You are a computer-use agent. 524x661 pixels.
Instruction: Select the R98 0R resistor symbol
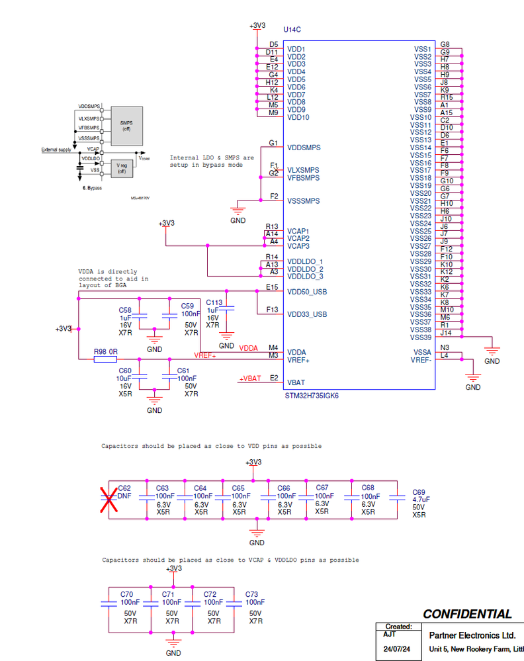click(x=105, y=360)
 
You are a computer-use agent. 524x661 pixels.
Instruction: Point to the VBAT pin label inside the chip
click(x=295, y=382)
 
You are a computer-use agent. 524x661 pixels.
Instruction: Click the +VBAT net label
click(x=250, y=378)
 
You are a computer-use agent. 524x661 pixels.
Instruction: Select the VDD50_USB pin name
click(x=306, y=292)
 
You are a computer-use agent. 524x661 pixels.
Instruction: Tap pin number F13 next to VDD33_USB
click(x=271, y=309)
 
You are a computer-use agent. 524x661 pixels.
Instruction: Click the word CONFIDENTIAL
click(x=467, y=614)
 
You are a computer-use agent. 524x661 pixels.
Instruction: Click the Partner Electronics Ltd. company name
click(x=472, y=635)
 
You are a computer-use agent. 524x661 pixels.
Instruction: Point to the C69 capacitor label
click(x=419, y=492)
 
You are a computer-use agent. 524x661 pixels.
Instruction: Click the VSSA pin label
click(x=422, y=352)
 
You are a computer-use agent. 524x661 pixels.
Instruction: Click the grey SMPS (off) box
click(x=126, y=124)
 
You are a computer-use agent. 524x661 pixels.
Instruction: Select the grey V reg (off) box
click(x=121, y=168)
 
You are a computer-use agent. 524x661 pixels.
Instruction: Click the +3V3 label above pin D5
click(x=257, y=26)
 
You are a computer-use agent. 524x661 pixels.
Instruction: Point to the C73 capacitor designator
click(x=251, y=594)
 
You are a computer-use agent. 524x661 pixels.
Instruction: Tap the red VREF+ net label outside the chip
click(x=205, y=355)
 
